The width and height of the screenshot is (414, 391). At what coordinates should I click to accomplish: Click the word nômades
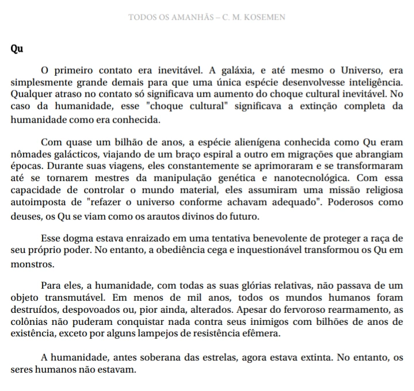point(28,153)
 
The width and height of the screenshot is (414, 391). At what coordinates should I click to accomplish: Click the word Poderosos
point(343,202)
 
